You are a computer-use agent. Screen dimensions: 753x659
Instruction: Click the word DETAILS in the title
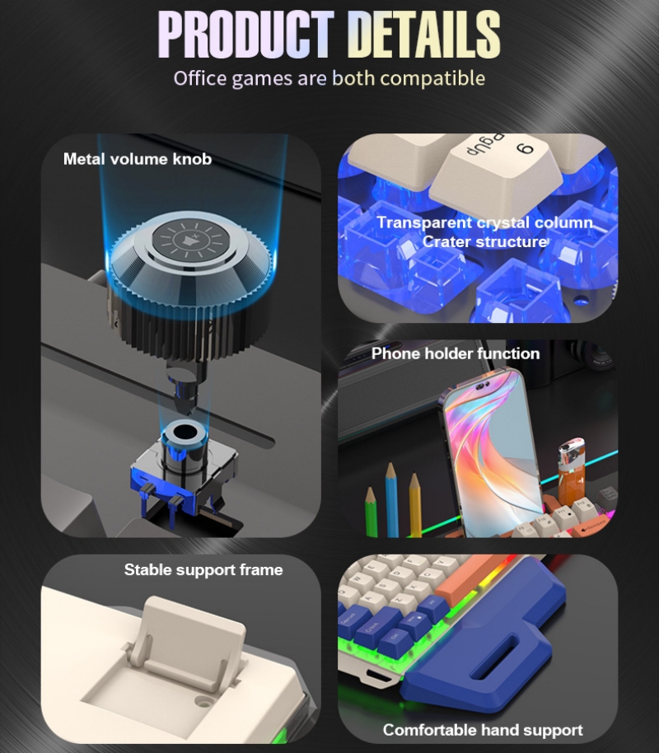[424, 35]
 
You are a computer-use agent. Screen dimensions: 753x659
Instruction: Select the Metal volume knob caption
[137, 159]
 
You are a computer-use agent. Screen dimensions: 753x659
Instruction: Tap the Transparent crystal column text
[484, 223]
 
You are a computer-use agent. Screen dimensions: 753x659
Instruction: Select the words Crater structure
[484, 242]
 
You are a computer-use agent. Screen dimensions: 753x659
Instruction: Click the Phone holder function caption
[456, 353]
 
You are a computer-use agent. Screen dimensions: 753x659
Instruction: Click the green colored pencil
[372, 511]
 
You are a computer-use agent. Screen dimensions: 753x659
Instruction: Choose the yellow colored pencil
[414, 504]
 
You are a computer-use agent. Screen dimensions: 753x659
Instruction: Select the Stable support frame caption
[203, 570]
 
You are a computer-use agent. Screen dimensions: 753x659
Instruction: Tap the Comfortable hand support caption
[483, 730]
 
